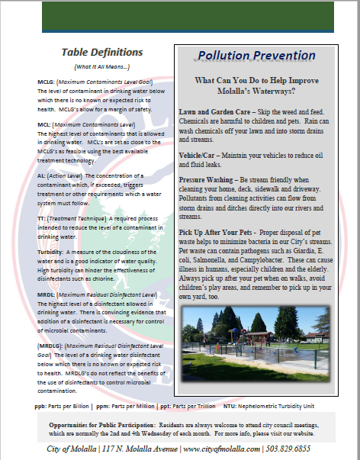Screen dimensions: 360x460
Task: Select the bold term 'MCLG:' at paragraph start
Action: click(45, 81)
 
